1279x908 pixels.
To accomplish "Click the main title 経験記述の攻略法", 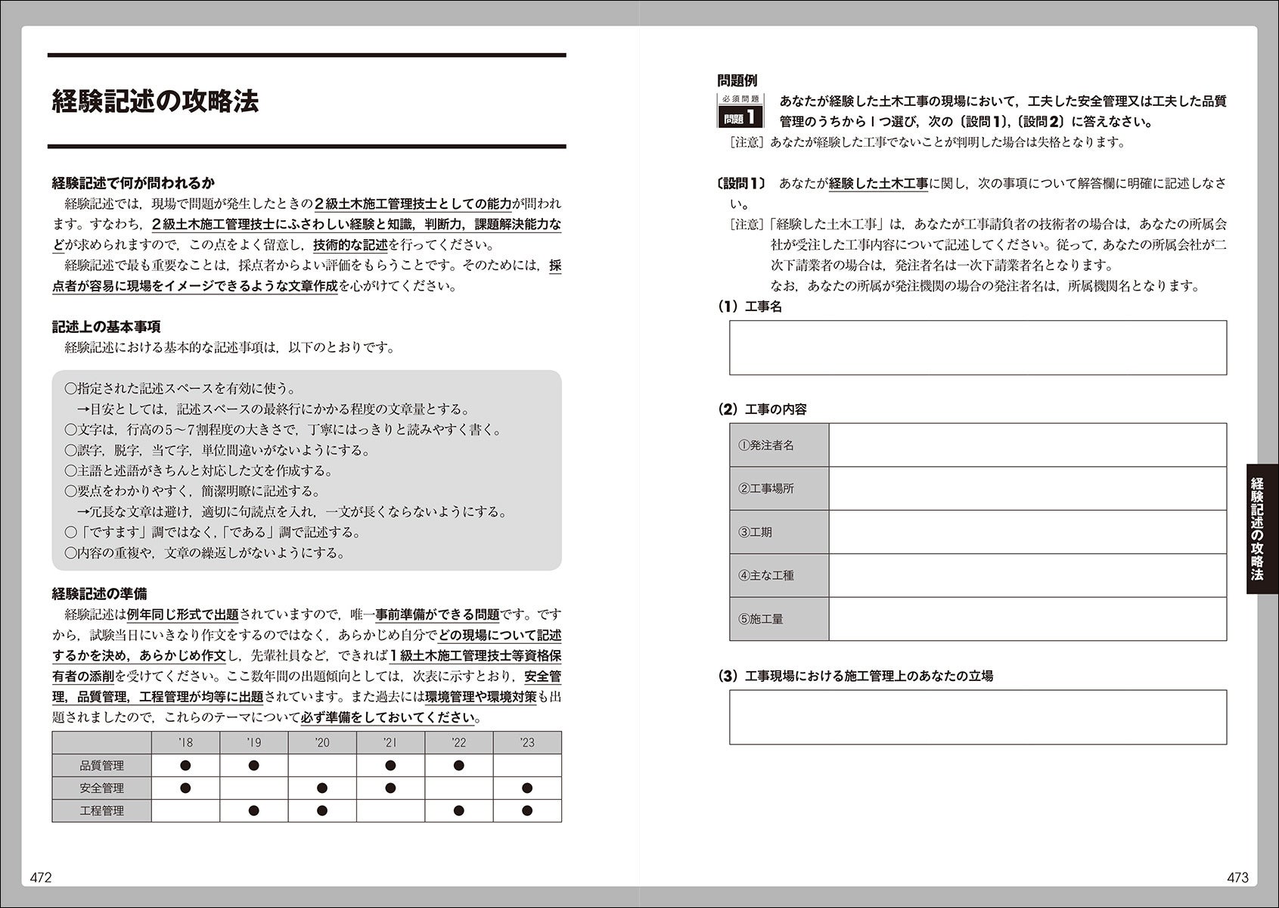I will (155, 101).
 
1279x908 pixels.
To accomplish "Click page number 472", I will (41, 878).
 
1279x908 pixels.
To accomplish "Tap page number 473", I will (1237, 878).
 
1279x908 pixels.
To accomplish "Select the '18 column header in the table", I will (185, 742).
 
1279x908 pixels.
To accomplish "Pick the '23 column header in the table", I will (527, 742).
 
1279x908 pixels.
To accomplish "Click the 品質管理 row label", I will (101, 766).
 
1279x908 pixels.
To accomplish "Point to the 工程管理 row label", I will (101, 810).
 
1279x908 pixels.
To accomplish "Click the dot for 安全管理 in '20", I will (322, 788).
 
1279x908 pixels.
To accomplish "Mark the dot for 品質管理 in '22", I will (458, 766).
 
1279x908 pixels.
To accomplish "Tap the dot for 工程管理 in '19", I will (253, 810).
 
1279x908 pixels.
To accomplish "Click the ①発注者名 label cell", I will (779, 445).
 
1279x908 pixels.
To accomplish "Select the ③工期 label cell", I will (779, 532).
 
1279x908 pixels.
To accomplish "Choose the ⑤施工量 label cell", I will (779, 619).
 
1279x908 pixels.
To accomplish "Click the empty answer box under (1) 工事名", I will (977, 347).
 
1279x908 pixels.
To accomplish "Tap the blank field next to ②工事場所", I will (1027, 488).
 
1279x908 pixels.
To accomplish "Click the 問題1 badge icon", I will (740, 111).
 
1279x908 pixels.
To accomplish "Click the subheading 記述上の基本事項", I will (106, 327).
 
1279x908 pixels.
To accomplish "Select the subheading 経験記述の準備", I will (99, 594).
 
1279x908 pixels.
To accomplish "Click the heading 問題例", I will (737, 80).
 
